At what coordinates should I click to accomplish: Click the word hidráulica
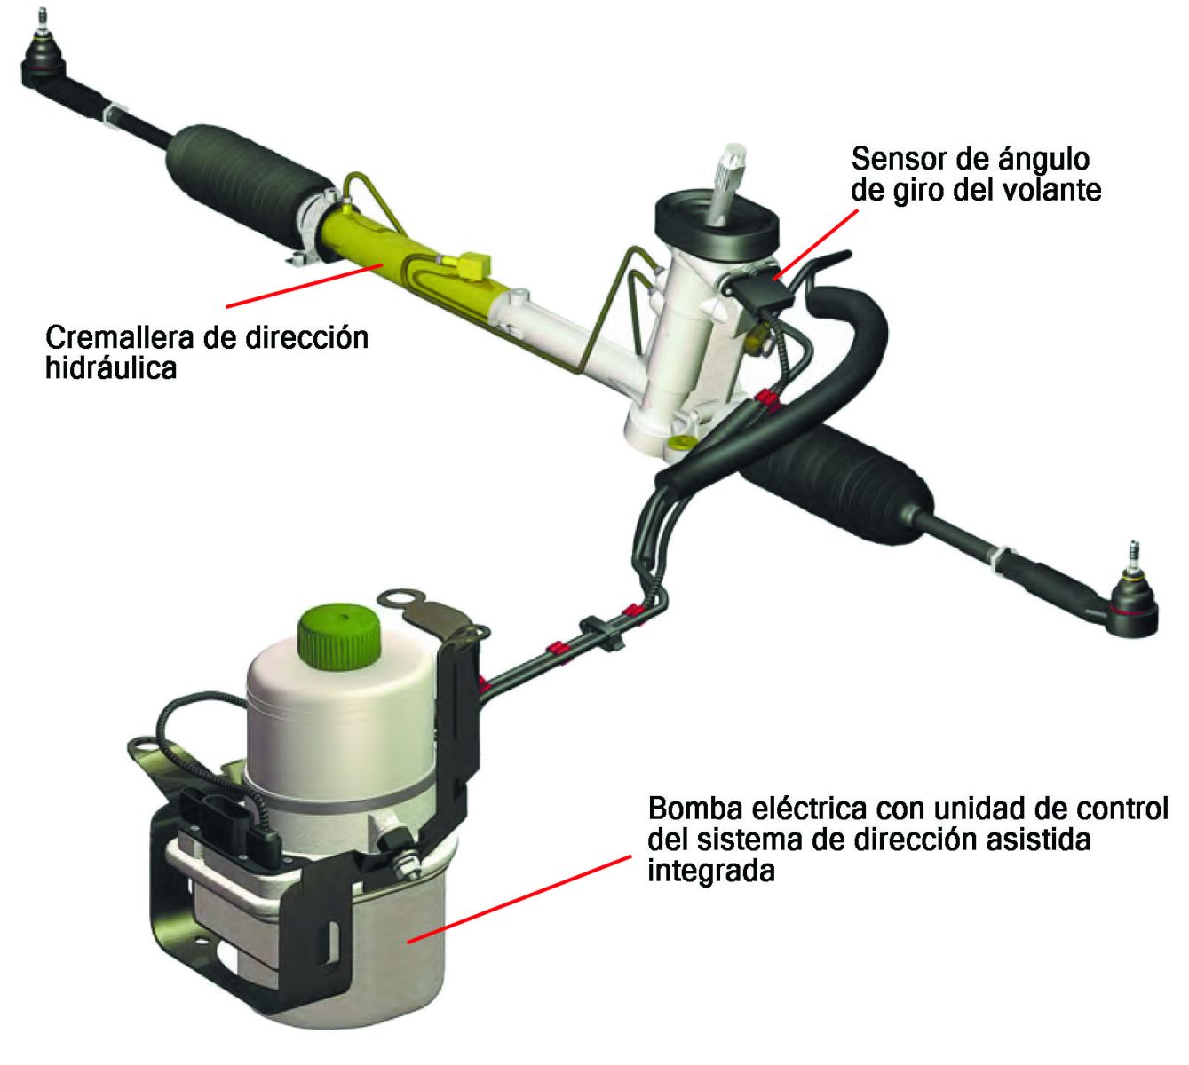pyautogui.click(x=111, y=368)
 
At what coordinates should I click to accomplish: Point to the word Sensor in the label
pyautogui.click(x=897, y=159)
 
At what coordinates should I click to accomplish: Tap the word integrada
pyautogui.click(x=711, y=871)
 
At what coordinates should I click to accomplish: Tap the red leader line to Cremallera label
pyautogui.click(x=305, y=286)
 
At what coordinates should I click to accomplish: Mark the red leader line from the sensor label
pyautogui.click(x=816, y=245)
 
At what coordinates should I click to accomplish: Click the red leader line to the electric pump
pyautogui.click(x=519, y=899)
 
